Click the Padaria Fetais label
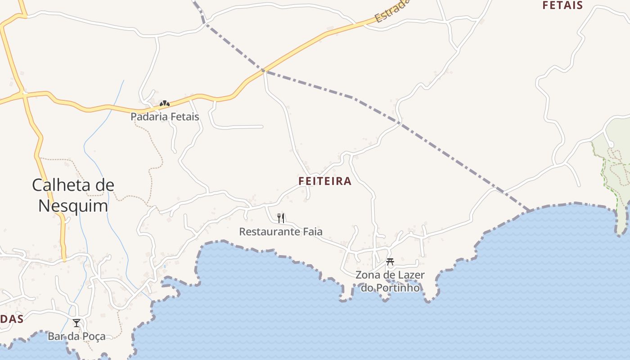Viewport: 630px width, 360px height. point(165,117)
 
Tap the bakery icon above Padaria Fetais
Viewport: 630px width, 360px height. point(165,104)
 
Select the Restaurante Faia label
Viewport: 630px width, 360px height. point(281,232)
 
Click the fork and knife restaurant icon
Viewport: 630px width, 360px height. point(281,218)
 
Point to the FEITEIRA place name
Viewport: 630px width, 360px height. point(325,181)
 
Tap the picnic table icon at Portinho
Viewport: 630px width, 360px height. point(390,261)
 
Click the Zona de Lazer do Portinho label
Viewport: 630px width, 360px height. point(390,281)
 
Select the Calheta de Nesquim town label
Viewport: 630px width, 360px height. point(73,195)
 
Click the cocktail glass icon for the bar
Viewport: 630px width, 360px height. point(76,323)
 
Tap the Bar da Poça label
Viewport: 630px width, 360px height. point(76,336)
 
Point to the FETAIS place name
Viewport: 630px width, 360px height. point(562,5)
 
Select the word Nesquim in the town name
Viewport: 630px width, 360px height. point(73,206)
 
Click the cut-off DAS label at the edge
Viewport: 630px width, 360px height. point(11,319)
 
